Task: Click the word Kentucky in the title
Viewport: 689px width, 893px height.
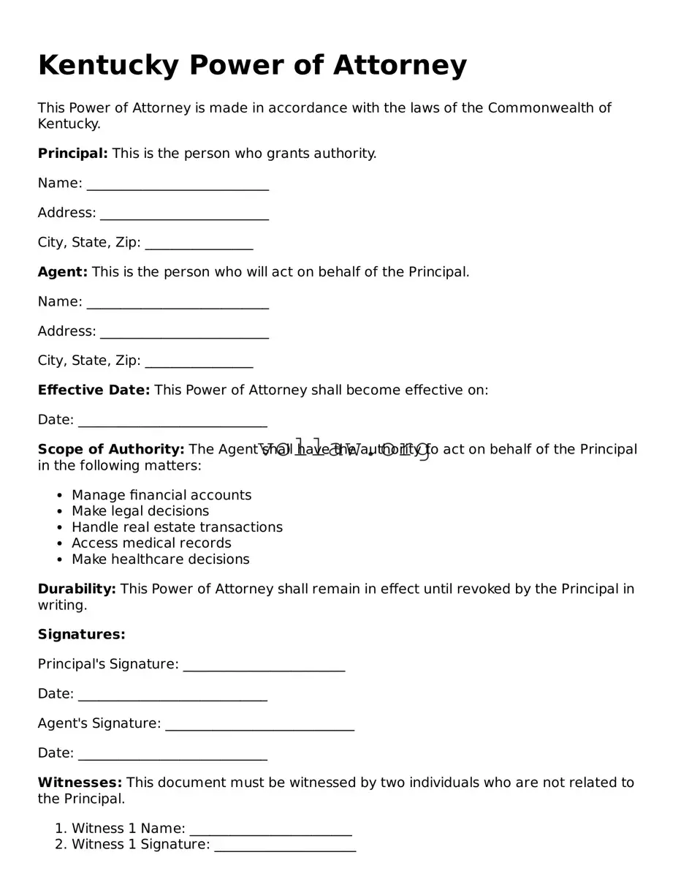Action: coord(107,66)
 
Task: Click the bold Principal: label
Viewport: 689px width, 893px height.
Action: coord(72,154)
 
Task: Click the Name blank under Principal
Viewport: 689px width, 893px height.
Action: coord(178,184)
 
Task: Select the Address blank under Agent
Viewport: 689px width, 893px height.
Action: coord(184,333)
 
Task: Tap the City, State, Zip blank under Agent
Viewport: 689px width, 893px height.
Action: coord(199,362)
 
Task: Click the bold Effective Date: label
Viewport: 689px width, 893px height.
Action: coord(94,391)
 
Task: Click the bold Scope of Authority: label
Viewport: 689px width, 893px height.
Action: coord(111,450)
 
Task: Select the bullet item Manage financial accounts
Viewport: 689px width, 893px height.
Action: coord(161,495)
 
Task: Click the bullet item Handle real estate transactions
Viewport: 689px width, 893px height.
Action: coord(177,527)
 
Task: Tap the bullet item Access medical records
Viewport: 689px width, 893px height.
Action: coord(151,543)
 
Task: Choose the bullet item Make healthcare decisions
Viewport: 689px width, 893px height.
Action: coord(160,559)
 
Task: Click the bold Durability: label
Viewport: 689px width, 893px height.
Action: coord(77,589)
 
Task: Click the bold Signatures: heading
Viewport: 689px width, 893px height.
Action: coord(81,635)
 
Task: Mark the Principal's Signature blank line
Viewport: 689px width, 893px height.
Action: coord(264,666)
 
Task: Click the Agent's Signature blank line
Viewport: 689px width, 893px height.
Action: coord(259,725)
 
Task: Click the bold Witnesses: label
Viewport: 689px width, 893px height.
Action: coord(80,783)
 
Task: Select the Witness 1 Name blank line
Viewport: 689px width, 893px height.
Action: coord(270,830)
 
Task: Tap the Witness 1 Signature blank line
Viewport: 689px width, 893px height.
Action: coord(285,846)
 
